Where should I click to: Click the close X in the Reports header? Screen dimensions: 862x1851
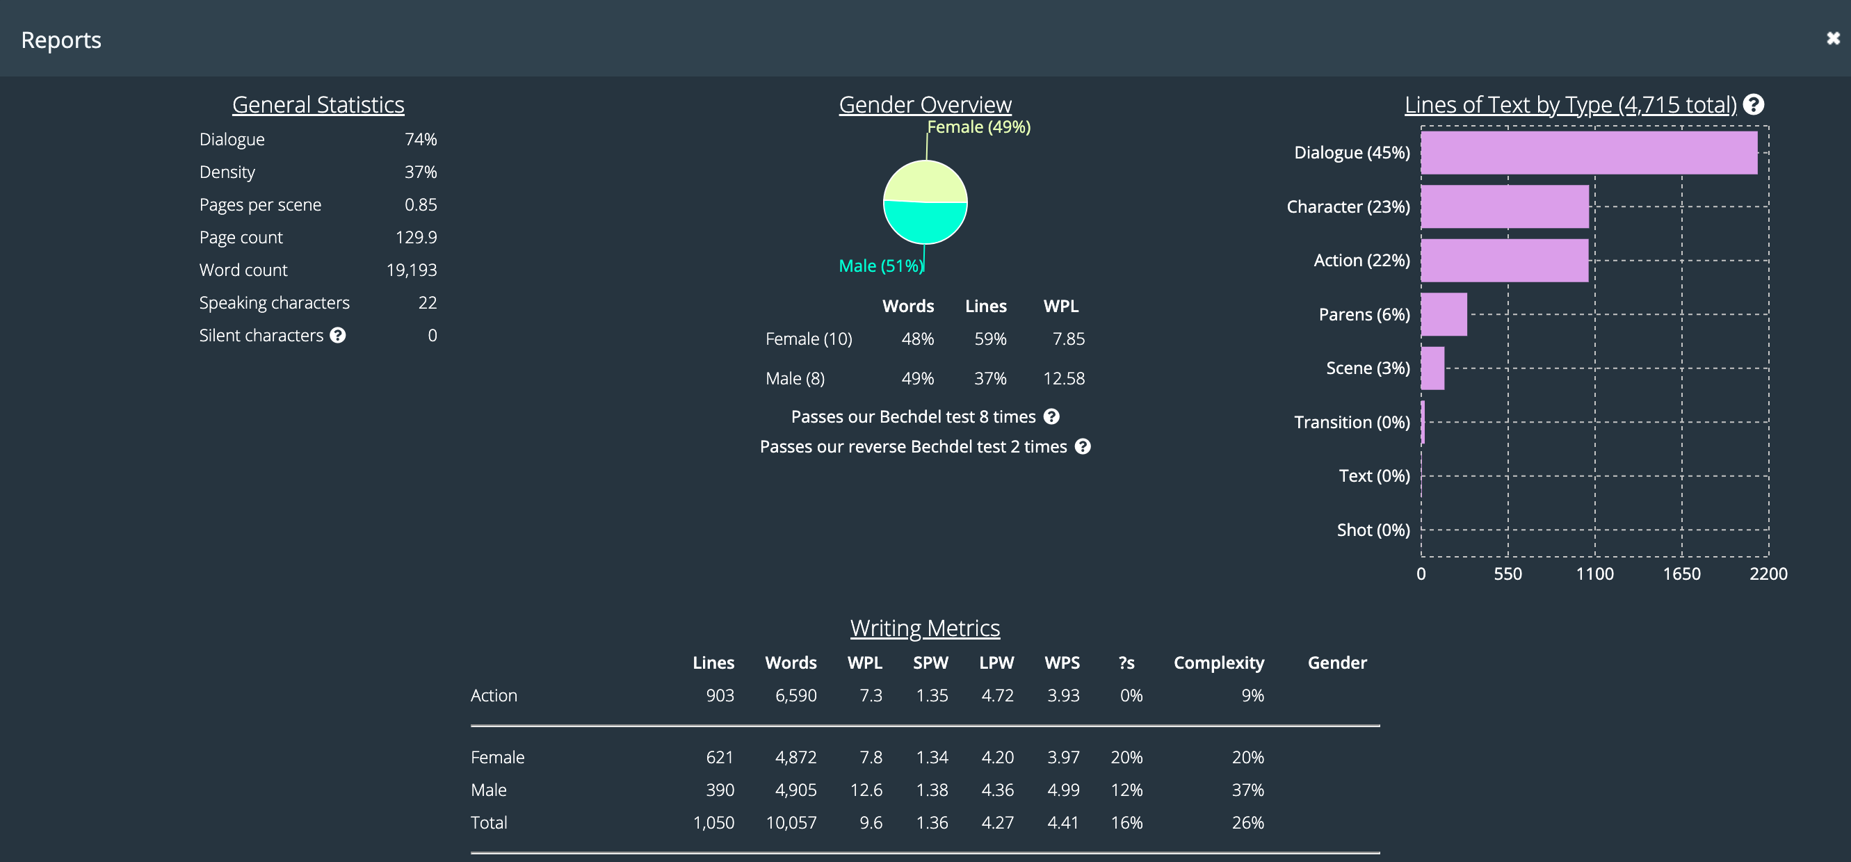[x=1832, y=39]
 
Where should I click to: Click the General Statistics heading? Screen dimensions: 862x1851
[x=318, y=105]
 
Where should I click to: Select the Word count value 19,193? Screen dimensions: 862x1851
[x=411, y=270]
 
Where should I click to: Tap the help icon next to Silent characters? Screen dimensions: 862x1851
[x=338, y=336]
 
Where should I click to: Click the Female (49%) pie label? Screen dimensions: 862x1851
[x=978, y=127]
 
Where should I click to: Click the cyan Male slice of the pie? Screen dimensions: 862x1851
[x=925, y=224]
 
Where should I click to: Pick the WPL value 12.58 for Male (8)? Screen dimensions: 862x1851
[x=1063, y=379]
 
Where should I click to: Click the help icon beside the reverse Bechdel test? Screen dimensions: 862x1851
[x=1082, y=447]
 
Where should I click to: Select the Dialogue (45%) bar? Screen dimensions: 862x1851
[x=1588, y=153]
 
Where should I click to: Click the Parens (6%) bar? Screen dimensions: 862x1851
[x=1444, y=315]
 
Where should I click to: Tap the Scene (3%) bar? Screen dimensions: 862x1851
[x=1432, y=368]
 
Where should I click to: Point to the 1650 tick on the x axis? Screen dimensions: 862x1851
[x=1681, y=574]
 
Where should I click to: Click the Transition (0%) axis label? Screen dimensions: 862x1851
[x=1351, y=423]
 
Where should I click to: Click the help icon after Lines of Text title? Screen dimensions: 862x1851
[x=1753, y=105]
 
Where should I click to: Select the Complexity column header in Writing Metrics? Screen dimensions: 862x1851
[x=1218, y=663]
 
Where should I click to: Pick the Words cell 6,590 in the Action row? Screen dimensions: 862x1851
[x=795, y=695]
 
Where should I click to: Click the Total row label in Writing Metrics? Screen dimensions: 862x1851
[x=489, y=822]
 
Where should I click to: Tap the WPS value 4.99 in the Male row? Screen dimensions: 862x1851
[x=1062, y=790]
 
